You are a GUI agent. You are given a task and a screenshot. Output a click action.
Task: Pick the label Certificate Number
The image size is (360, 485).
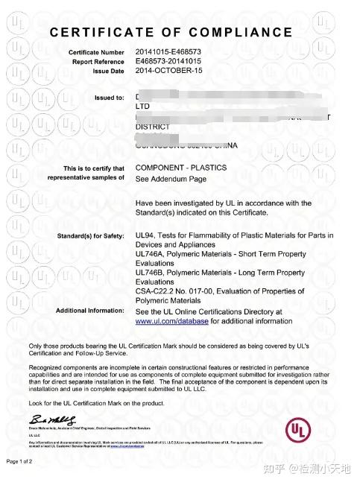coord(97,51)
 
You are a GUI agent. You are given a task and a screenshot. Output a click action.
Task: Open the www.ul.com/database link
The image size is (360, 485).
coord(172,321)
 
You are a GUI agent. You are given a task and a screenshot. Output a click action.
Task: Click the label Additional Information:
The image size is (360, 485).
coord(90,311)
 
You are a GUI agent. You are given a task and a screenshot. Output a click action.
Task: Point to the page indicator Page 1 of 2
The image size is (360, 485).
coord(25,462)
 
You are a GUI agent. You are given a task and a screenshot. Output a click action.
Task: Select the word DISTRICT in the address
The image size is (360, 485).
coord(153,127)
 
